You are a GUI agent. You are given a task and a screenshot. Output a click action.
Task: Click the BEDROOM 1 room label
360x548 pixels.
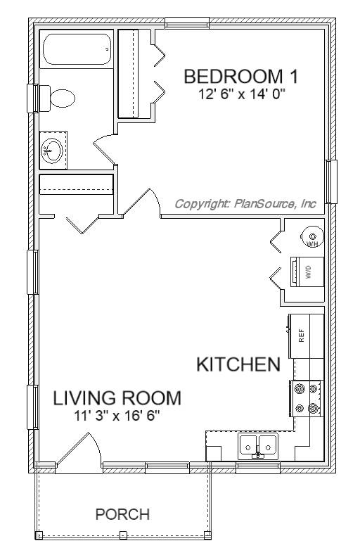(241, 77)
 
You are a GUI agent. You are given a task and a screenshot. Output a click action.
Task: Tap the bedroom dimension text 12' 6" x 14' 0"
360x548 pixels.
(242, 94)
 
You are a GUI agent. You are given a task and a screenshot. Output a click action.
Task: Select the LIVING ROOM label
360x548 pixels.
(117, 398)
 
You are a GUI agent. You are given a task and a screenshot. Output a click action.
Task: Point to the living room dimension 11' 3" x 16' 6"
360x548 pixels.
(117, 416)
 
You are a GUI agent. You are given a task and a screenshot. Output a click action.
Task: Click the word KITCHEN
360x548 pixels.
(238, 364)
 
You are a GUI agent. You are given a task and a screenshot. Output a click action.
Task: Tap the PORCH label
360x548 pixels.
(122, 514)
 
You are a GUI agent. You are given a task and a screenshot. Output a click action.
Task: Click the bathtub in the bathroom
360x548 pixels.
(77, 49)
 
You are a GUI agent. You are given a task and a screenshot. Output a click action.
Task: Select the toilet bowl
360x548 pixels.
(63, 98)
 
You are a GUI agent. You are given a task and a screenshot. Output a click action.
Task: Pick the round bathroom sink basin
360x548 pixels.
(52, 151)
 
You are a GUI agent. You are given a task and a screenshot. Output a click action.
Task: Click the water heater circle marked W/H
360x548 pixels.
(313, 236)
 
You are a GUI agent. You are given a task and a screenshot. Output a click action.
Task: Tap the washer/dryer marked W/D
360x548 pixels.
(307, 272)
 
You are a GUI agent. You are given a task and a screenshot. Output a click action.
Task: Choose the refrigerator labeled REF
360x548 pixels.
(306, 336)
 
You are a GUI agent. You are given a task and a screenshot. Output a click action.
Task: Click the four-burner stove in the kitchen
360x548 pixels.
(307, 398)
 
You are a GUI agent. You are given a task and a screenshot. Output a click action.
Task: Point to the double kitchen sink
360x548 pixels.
(258, 446)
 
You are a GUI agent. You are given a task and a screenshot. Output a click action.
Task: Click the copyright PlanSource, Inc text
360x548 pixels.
(245, 203)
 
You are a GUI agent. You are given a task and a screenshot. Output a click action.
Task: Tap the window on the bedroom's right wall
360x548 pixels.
(331, 181)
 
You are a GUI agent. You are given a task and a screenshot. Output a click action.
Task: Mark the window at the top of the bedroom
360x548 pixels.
(187, 23)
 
